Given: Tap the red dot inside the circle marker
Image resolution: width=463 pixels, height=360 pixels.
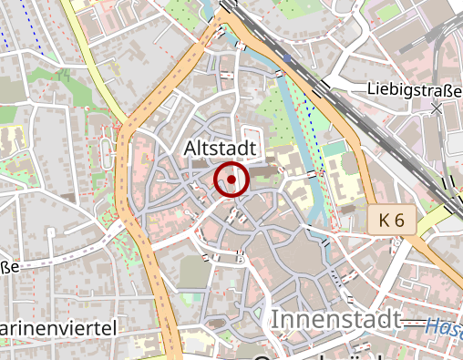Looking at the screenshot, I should [x=231, y=180].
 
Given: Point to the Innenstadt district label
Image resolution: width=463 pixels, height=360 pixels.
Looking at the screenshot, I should [x=336, y=320].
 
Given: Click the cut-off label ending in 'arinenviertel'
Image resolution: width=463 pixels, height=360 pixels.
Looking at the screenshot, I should [x=58, y=327].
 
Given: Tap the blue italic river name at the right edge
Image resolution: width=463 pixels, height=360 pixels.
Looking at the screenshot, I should [x=444, y=324].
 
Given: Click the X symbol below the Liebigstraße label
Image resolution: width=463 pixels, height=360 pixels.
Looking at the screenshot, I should [x=437, y=108].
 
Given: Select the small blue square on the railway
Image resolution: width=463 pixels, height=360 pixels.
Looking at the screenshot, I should [x=287, y=57].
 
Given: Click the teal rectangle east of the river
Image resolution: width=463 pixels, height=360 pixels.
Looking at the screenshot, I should [x=335, y=147].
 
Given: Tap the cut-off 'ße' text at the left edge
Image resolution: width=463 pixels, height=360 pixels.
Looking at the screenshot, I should [x=9, y=267].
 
